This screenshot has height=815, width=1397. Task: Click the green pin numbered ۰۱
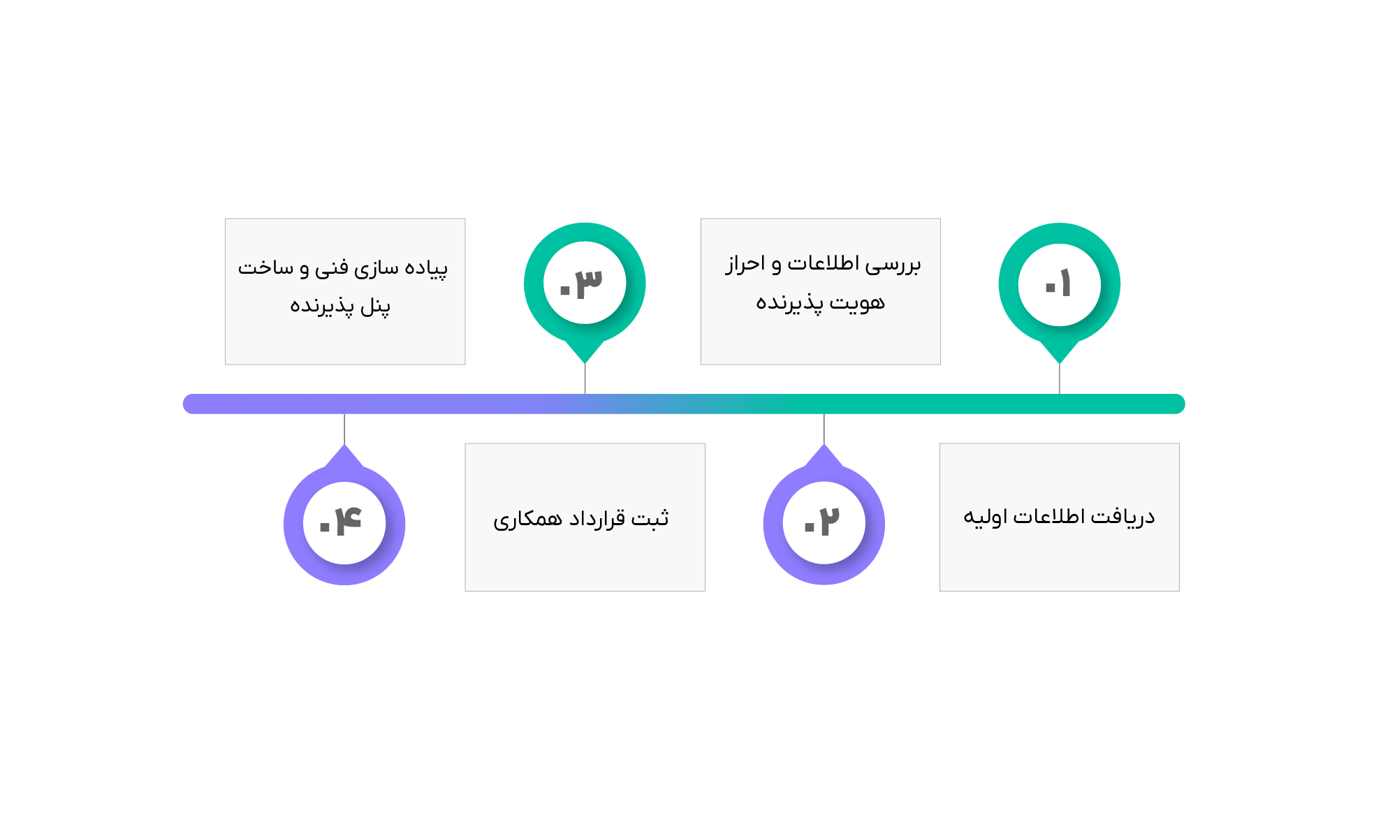click(x=1059, y=284)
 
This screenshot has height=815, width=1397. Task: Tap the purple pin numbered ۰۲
click(x=824, y=523)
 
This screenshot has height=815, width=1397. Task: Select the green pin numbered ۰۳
click(x=585, y=283)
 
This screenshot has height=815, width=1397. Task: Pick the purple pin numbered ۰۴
click(x=344, y=523)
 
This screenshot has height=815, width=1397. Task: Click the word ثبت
click(x=650, y=518)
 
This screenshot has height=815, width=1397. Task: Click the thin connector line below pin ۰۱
click(x=1060, y=379)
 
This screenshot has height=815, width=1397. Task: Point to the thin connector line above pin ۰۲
click(x=824, y=429)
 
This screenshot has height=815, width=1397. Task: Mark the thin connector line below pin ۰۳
click(x=585, y=379)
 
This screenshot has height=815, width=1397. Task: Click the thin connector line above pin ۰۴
click(x=344, y=429)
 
